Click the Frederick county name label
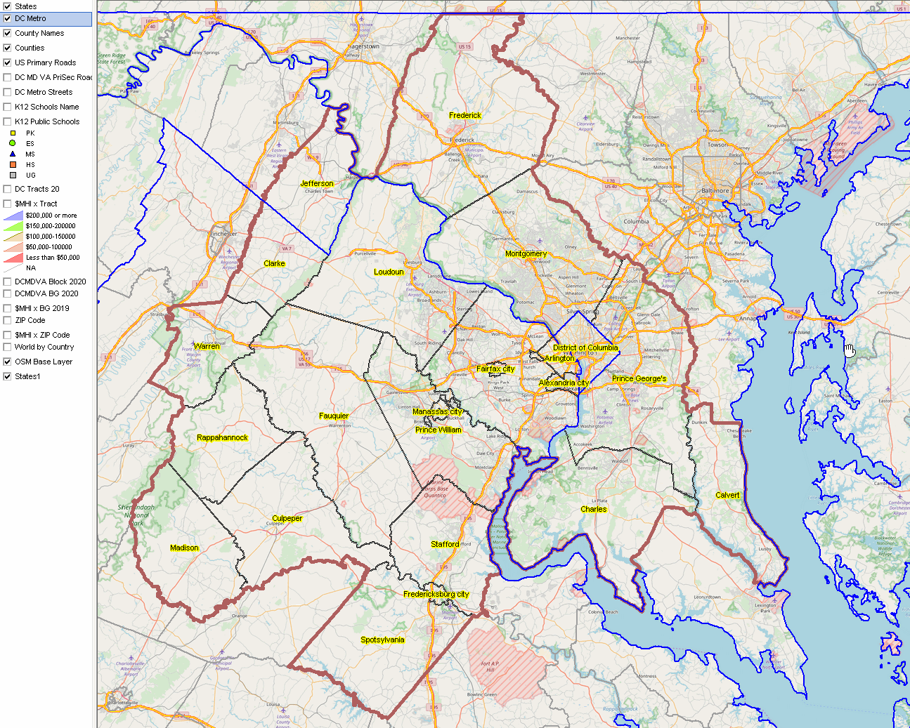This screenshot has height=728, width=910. (x=465, y=115)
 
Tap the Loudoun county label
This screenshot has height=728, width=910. (x=389, y=272)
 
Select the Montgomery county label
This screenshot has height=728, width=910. (x=526, y=253)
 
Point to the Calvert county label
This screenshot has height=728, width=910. (x=727, y=495)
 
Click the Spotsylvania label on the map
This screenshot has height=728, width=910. (x=382, y=640)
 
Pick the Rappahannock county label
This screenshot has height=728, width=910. (x=222, y=437)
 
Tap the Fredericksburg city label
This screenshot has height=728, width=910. (x=436, y=594)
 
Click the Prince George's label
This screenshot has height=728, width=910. (x=639, y=378)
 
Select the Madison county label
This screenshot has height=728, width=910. (x=184, y=548)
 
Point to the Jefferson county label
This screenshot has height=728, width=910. (x=317, y=183)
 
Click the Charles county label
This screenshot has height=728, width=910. (x=593, y=509)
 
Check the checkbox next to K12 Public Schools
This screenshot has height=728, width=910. (x=7, y=121)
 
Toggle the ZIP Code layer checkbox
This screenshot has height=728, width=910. (x=7, y=320)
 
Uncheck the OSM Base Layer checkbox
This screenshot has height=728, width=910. (x=7, y=362)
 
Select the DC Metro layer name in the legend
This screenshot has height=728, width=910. (x=30, y=18)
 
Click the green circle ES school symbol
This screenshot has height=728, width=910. (x=13, y=143)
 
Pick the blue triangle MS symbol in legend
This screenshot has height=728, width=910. (x=13, y=154)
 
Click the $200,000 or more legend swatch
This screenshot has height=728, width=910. (x=13, y=216)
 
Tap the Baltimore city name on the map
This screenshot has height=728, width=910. (x=715, y=190)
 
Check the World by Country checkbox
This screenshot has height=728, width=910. (x=7, y=347)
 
